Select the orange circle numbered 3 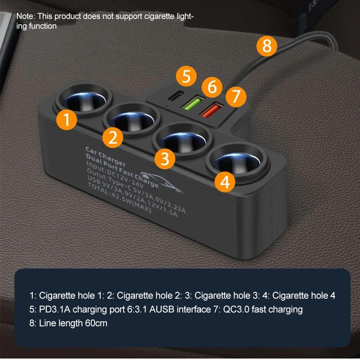(165, 158)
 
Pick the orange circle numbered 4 (225, 183)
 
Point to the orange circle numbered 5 (186, 77)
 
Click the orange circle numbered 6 (212, 87)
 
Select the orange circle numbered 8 (267, 46)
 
